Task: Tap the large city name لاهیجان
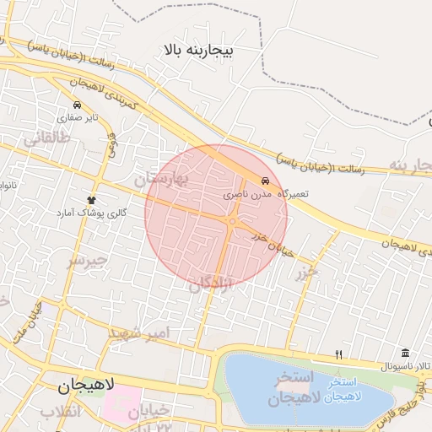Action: point(89,388)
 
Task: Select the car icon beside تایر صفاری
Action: point(77,105)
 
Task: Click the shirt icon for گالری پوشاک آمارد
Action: point(90,199)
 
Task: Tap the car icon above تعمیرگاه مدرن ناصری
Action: point(266,181)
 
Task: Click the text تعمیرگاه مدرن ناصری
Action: point(266,194)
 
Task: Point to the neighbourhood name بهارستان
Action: point(163,179)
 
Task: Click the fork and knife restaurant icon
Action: point(339,354)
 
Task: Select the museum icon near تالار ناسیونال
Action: point(406,354)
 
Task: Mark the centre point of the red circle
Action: point(216,216)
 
